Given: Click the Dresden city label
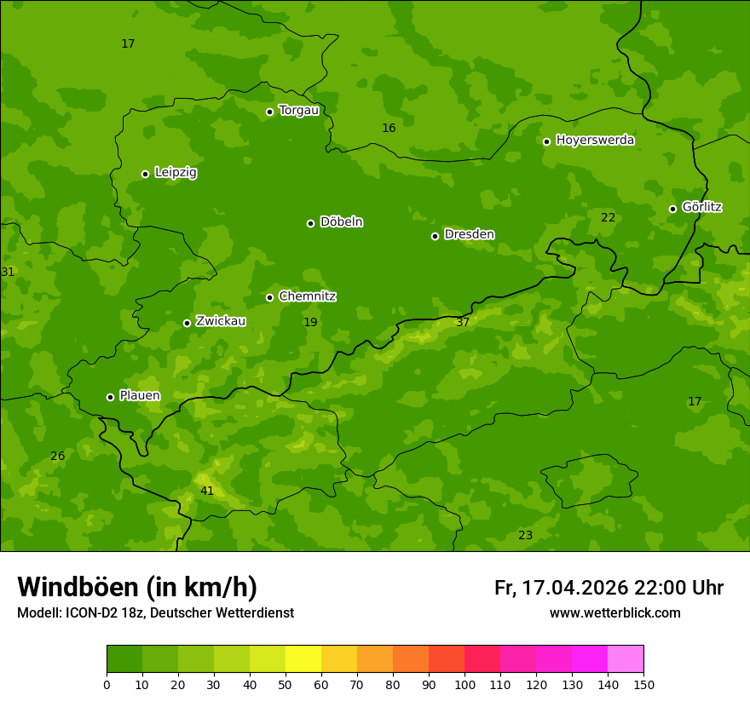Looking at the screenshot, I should [x=469, y=234].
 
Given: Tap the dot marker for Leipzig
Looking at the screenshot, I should [x=145, y=174].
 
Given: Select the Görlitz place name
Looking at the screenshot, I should [x=701, y=207].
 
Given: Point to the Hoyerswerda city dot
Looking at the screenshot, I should [x=546, y=141].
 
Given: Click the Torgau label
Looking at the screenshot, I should [x=298, y=111].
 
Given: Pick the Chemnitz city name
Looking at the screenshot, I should [x=307, y=296].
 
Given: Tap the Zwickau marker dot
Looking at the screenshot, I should [x=187, y=323].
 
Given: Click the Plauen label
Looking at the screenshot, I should [x=139, y=396].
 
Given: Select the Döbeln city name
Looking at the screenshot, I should [x=341, y=222].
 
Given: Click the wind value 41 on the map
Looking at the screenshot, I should [x=207, y=491].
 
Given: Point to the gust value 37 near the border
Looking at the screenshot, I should [x=463, y=323].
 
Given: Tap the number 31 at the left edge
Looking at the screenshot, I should [x=8, y=273].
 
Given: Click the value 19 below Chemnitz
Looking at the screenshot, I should [x=310, y=323].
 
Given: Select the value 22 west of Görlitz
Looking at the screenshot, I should [x=608, y=218].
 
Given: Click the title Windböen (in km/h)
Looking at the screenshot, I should [x=137, y=587].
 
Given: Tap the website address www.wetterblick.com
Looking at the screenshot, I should [x=614, y=613].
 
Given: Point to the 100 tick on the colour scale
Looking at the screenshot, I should [x=464, y=684].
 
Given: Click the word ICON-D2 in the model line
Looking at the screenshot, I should [x=88, y=613].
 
